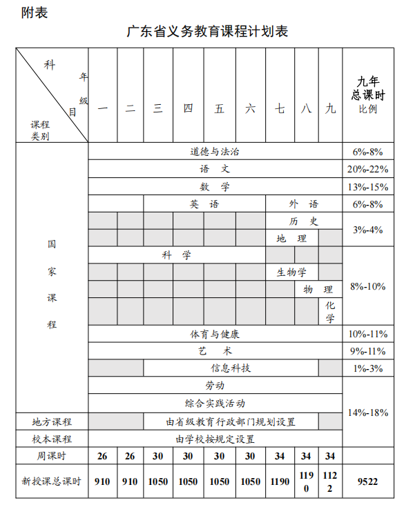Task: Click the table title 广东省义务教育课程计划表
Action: coord(207,32)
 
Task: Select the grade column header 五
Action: coord(220,108)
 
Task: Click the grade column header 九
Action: coord(330,108)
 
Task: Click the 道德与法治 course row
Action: coord(215,152)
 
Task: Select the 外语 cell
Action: coord(304,203)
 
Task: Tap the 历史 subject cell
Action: coord(304,221)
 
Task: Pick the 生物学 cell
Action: coord(291,272)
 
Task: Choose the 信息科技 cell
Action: coord(231,368)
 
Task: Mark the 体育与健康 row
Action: coord(215,334)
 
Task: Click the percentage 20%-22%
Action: coord(367,169)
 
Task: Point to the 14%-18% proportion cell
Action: coord(367,412)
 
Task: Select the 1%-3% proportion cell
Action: coord(367,368)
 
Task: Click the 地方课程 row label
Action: coord(52,421)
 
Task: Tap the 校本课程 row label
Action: coord(52,439)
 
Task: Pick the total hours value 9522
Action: coord(367,481)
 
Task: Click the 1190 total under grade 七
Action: coord(279,481)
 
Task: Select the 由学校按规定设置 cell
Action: coord(215,439)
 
